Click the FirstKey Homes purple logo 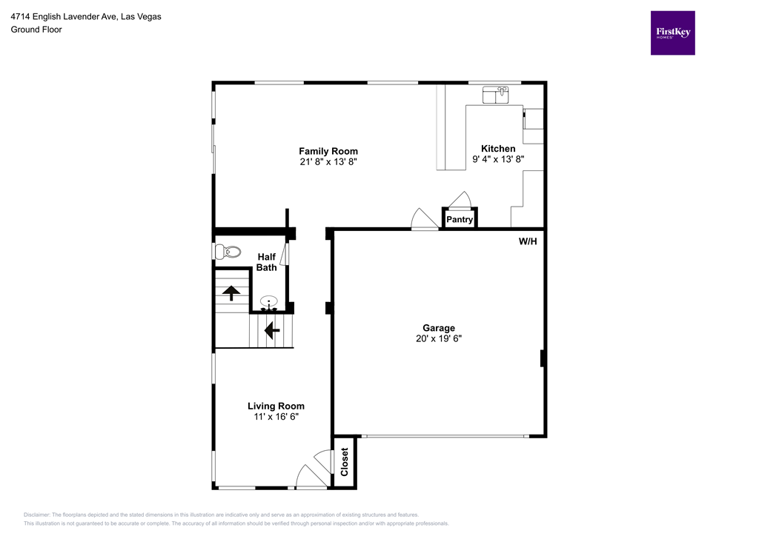672,33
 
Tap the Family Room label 328,151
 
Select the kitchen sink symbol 495,95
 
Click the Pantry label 460,220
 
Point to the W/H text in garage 527,241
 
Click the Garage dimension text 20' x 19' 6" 439,338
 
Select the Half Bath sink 270,301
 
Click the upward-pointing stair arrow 231,292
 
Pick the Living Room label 276,406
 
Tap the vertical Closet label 345,463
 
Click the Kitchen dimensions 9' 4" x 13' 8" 498,159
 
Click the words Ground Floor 36,30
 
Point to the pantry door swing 460,200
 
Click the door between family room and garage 425,220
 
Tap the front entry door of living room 311,477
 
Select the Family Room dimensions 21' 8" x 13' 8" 328,161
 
